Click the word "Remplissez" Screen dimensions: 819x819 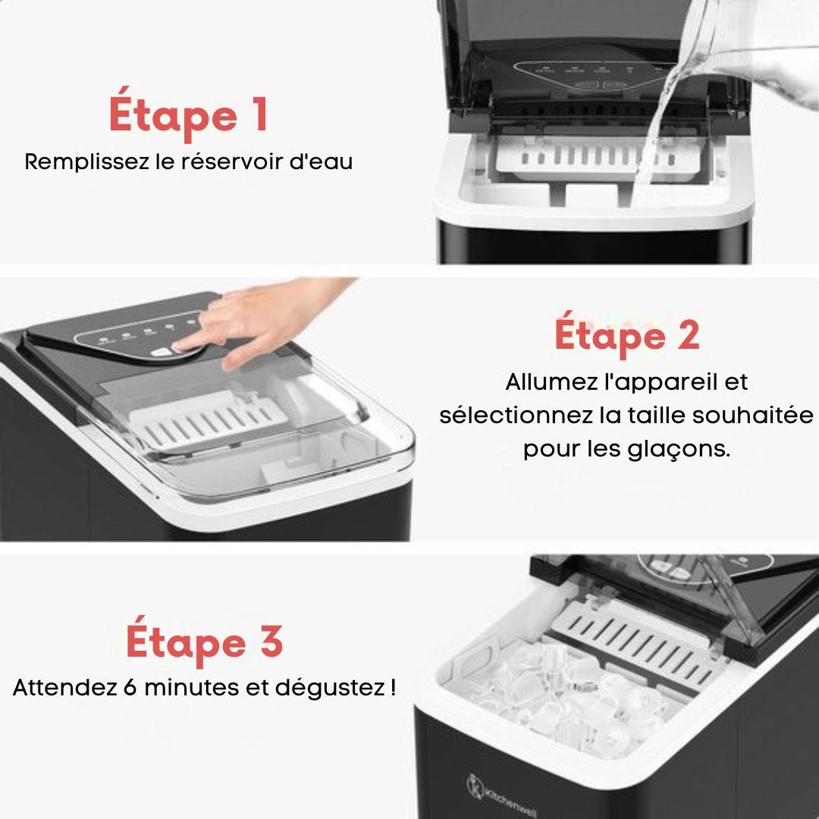[86, 162]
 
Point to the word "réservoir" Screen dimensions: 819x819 [231, 162]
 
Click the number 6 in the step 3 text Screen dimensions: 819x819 [130, 687]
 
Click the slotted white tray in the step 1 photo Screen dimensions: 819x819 [598, 156]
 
